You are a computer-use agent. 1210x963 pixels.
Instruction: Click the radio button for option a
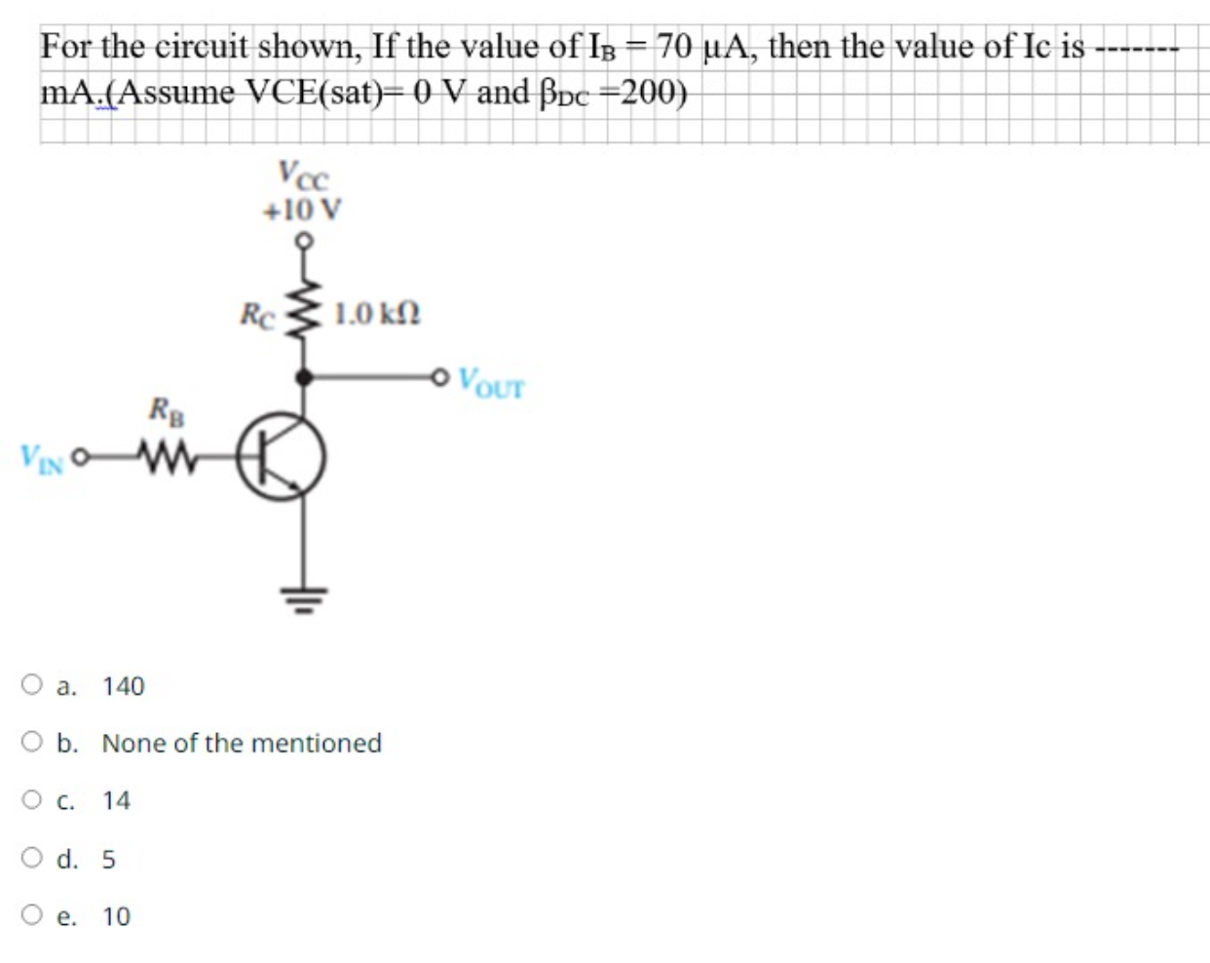(32, 685)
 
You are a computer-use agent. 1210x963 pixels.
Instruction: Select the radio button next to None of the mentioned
(32, 743)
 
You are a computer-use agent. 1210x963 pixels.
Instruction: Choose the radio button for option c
(32, 800)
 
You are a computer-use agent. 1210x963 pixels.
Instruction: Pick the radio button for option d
(32, 859)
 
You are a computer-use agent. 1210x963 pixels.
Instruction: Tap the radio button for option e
(32, 916)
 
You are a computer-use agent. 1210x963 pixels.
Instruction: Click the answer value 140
(124, 686)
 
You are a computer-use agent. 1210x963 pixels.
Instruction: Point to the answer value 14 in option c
(116, 801)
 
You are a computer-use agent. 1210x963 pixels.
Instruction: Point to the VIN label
(43, 457)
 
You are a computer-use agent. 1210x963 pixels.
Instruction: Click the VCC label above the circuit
(304, 175)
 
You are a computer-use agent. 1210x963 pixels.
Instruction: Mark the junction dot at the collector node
(305, 375)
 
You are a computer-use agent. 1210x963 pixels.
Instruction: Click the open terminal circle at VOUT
(442, 375)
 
